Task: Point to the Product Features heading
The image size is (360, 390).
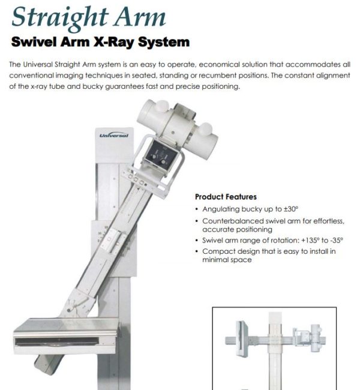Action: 226,197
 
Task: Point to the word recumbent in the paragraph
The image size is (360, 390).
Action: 261,76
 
